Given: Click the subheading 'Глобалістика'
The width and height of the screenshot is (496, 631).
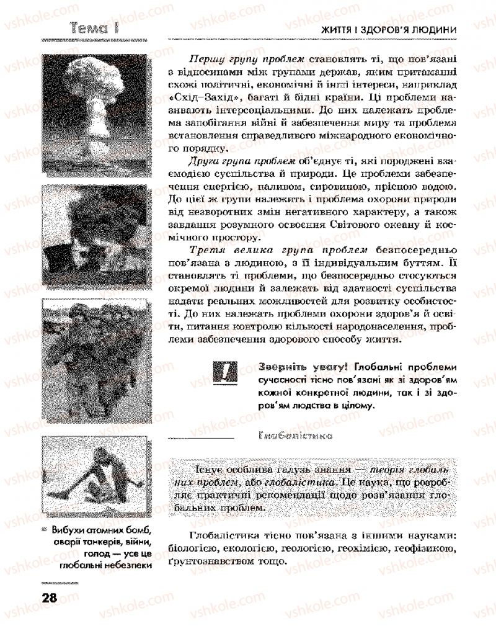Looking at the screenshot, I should pyautogui.click(x=294, y=436).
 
